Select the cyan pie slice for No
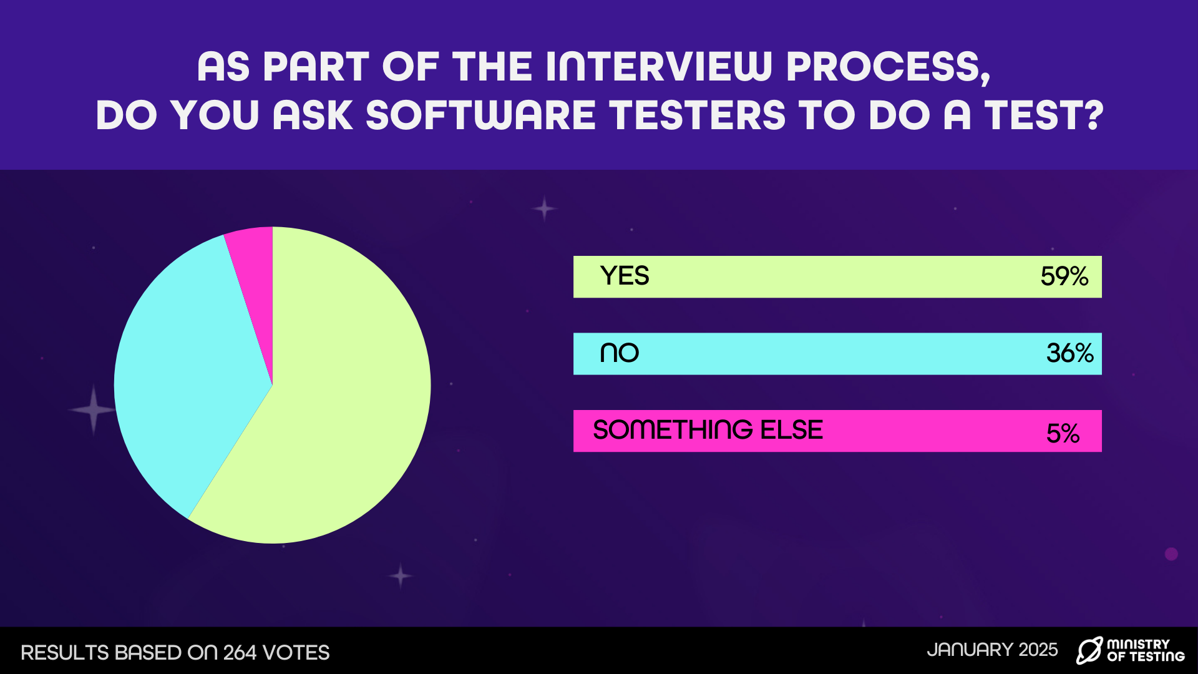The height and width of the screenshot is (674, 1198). pos(181,374)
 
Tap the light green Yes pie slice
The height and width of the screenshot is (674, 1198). pos(337,399)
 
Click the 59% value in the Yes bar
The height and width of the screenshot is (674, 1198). pos(1064,276)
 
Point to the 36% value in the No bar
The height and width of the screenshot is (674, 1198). pos(1070,354)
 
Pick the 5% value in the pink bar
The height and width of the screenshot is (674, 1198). pos(1063,433)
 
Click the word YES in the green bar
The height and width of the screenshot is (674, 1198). pos(625,276)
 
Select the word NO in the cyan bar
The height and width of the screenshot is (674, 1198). pos(620,353)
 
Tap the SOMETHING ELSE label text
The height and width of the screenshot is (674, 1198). pos(708,430)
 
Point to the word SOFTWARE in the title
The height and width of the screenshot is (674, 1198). pos(480,115)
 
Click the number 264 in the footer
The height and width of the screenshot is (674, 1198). pos(240,653)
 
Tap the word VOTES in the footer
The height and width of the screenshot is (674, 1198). pos(296,653)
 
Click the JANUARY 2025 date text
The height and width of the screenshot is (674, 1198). pos(993,650)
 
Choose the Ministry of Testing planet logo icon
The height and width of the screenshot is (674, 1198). pos(1089,650)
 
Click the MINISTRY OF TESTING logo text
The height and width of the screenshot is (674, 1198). pos(1146,650)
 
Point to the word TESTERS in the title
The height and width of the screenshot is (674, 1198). pos(697,115)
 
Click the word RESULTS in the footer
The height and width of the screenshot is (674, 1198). pos(65,653)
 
